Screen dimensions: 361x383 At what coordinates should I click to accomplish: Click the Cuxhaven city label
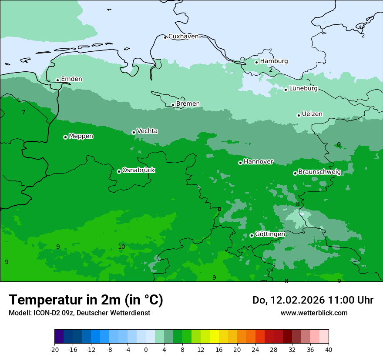coord(183,37)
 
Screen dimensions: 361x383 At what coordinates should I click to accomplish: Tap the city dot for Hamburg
coord(257,62)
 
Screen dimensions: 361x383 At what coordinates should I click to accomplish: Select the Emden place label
coord(71,79)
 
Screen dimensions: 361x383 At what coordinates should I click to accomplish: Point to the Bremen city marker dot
coord(173,105)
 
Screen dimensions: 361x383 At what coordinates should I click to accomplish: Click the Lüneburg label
coord(303,89)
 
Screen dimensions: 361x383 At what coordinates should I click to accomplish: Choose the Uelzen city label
coord(312,114)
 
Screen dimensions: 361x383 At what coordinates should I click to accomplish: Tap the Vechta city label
coord(147,131)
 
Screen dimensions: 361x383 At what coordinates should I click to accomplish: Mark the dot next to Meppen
coord(65,137)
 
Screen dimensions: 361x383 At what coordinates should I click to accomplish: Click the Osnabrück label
coord(138,170)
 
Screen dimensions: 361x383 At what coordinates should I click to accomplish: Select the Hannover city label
coord(258,162)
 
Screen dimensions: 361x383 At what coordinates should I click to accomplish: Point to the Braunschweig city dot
coord(295,173)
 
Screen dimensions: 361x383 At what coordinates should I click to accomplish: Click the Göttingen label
coord(270,234)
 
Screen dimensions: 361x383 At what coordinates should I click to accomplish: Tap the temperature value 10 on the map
coord(121,247)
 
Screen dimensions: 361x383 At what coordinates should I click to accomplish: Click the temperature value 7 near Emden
coord(24,113)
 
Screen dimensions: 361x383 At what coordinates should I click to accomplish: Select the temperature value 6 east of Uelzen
coord(339,145)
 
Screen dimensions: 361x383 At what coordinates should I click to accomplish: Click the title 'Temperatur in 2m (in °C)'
coord(86,300)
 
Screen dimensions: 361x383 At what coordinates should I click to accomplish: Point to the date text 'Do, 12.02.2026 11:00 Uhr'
coord(312,301)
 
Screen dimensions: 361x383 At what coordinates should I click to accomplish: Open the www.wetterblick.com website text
coord(314,313)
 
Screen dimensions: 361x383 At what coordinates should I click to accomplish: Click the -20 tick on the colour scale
coord(54,350)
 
